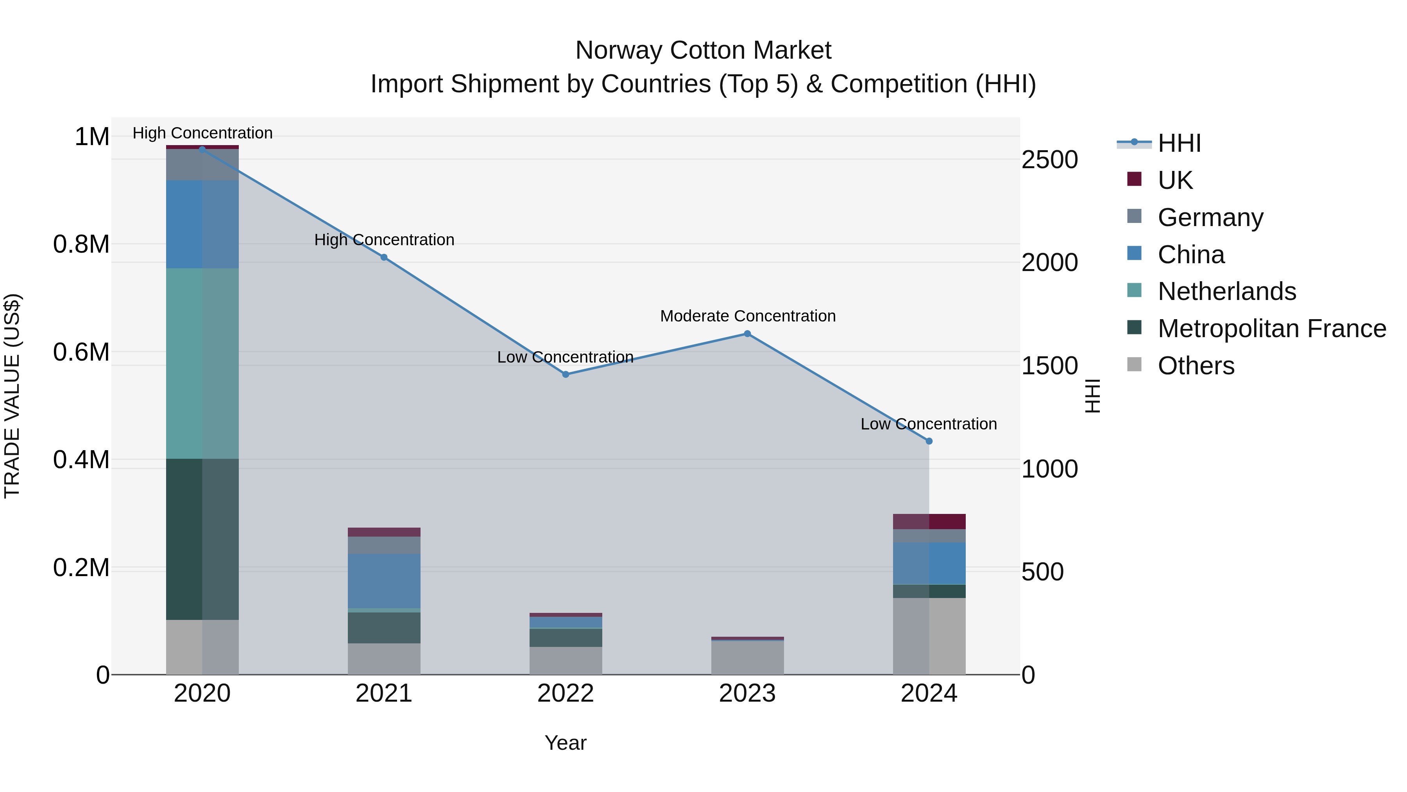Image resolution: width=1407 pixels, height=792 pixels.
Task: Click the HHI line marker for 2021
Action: pos(383,257)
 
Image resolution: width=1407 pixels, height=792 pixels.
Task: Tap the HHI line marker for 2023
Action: pos(747,334)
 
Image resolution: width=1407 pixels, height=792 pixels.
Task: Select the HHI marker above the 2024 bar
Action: pos(929,441)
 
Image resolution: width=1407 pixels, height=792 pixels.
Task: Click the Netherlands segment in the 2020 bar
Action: pos(202,363)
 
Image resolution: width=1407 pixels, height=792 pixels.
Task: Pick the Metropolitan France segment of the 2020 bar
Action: pos(202,539)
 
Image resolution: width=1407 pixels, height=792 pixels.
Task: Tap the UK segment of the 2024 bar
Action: pos(929,521)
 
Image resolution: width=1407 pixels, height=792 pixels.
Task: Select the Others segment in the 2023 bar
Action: pos(747,657)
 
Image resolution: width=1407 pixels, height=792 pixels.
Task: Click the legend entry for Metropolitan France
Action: pos(1271,329)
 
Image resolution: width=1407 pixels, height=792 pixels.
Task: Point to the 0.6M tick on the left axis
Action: pos(81,352)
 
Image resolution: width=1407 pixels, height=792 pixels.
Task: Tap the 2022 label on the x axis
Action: pos(565,693)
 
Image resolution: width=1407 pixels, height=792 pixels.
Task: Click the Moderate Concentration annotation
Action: pos(748,316)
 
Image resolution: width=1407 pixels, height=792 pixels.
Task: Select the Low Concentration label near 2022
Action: pos(565,357)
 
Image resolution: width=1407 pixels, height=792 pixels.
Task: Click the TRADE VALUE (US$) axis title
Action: pos(12,396)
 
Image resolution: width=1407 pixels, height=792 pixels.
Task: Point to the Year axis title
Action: pos(565,743)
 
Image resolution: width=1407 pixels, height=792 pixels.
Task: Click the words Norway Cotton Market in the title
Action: pos(703,50)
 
